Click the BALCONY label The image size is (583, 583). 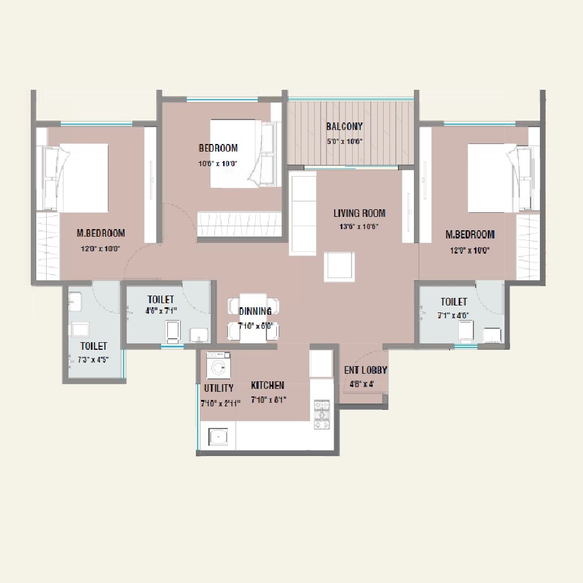[x=345, y=127]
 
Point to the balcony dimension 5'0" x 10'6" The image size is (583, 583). [x=345, y=141]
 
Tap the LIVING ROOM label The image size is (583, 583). [x=359, y=213]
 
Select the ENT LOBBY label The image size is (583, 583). [x=366, y=370]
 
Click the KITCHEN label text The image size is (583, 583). [x=268, y=385]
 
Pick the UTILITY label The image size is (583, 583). [x=219, y=388]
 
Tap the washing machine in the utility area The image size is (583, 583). [x=219, y=366]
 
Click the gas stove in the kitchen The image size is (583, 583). [x=321, y=415]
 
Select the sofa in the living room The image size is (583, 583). [x=303, y=213]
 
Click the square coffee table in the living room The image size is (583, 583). [x=339, y=266]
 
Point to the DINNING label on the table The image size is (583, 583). [x=255, y=311]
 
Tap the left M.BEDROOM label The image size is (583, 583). [x=101, y=233]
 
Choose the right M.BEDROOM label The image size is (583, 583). [x=470, y=234]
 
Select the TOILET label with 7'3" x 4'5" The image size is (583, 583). [x=93, y=346]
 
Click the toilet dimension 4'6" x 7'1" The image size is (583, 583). [x=161, y=311]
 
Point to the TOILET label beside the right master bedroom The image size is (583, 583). [x=454, y=302]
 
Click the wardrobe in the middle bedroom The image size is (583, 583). [x=239, y=224]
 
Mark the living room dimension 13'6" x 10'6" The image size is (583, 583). [x=359, y=227]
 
